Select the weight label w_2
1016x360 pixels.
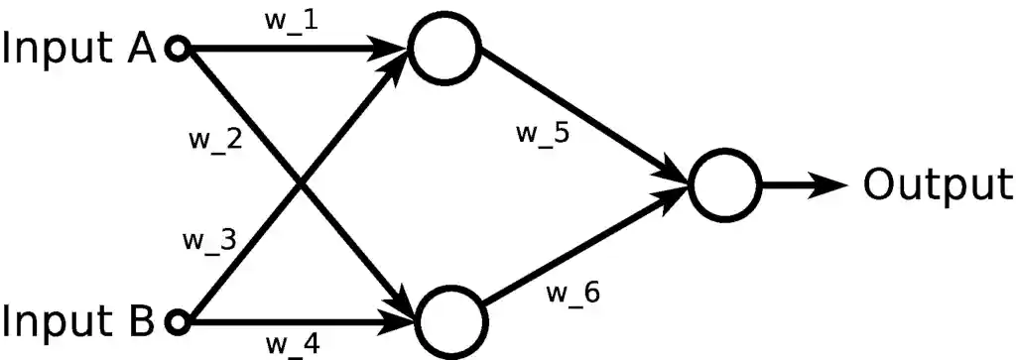(x=215, y=138)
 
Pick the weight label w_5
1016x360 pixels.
(x=543, y=134)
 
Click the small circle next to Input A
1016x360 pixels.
(x=178, y=48)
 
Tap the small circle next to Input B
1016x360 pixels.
(x=178, y=321)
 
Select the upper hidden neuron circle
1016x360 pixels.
(x=445, y=49)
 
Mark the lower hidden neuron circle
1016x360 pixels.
(x=451, y=322)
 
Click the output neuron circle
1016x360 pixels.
(x=725, y=184)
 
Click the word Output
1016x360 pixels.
(x=937, y=184)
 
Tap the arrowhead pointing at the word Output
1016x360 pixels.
(x=829, y=184)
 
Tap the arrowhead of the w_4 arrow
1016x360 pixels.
(x=401, y=321)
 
